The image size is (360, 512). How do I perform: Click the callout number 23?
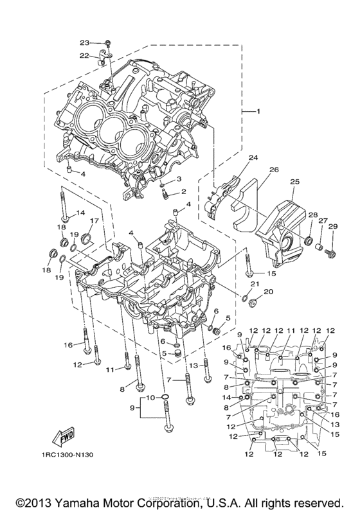[84, 42]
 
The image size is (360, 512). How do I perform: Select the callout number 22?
[84, 56]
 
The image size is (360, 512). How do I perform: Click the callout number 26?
[273, 170]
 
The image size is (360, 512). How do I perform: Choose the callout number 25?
[295, 182]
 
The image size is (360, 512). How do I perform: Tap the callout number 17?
[93, 221]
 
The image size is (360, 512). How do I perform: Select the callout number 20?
[269, 291]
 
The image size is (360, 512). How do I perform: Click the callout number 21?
[255, 283]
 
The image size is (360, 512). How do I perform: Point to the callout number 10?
[148, 398]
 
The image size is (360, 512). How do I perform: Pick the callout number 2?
[183, 191]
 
